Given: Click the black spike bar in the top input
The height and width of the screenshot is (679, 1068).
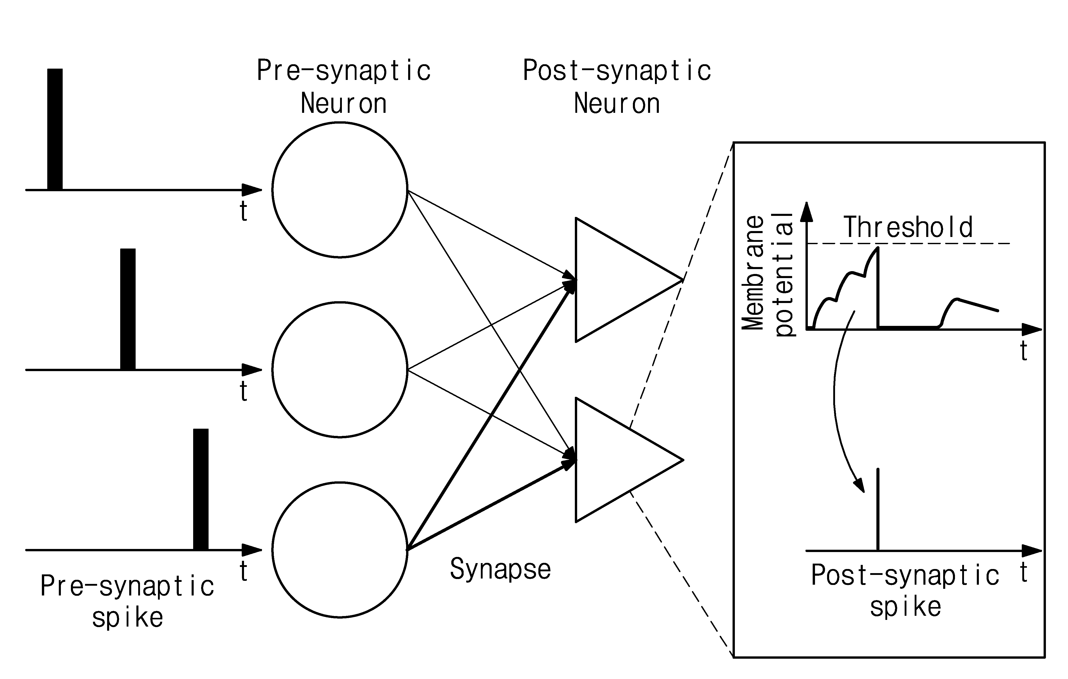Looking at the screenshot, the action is pos(55,129).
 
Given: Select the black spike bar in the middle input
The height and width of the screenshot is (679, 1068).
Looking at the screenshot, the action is pos(128,309).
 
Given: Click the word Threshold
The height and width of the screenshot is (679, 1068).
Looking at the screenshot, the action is pos(908,227).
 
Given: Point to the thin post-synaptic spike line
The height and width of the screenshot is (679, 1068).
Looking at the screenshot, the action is pos(878,509).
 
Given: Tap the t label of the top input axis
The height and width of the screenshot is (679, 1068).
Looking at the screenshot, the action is pos(243,211).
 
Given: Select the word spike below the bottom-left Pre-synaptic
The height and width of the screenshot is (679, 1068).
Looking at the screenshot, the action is pos(128,618).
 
